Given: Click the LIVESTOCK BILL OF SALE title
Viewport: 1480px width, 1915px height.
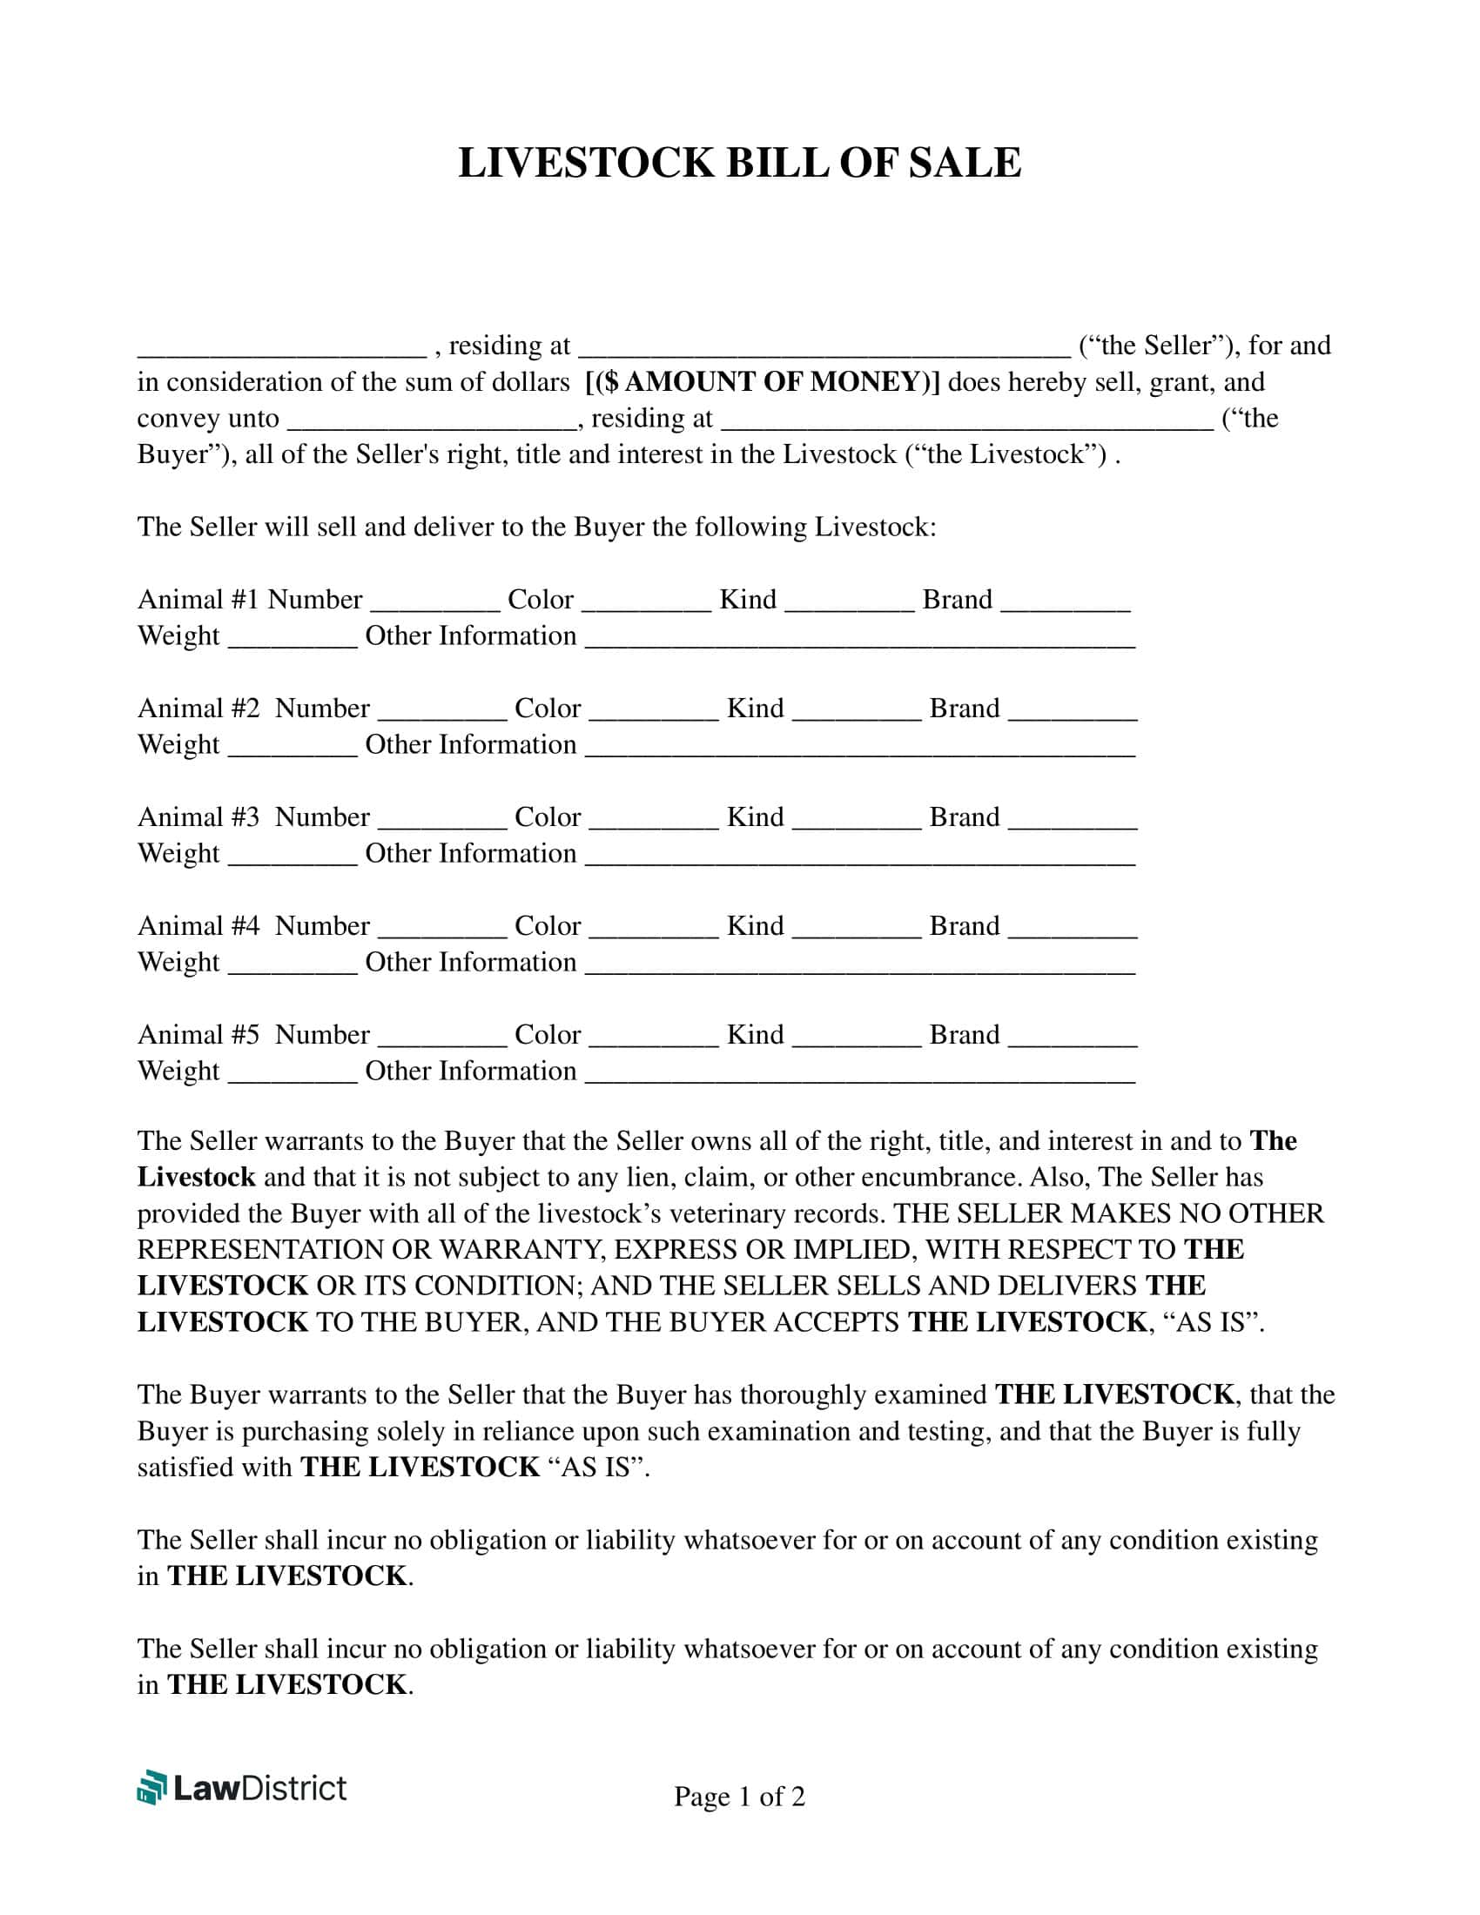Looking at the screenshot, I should coord(739,163).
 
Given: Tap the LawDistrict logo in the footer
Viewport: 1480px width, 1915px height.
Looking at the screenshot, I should coord(242,1788).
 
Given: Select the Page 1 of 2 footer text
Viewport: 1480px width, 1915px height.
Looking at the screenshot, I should coord(739,1797).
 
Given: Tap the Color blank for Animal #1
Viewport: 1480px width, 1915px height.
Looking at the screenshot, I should coord(646,602).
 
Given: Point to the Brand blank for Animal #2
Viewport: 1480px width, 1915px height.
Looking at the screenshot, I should coord(1073,711).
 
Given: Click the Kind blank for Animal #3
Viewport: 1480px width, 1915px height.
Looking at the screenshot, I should coord(857,820).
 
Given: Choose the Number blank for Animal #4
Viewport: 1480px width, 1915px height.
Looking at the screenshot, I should coord(442,929).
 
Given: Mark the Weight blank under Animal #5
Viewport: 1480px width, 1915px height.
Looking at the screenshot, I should coord(293,1074).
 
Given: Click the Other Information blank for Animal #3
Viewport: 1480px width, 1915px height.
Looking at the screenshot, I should coord(859,857).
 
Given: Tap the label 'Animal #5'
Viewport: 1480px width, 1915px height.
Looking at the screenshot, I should coord(198,1035).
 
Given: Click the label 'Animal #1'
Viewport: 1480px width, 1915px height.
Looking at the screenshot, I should coord(198,600).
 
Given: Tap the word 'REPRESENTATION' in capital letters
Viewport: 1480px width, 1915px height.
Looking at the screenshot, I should coord(260,1249).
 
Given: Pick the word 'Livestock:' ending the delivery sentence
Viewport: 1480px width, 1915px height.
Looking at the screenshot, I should coord(875,527).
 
